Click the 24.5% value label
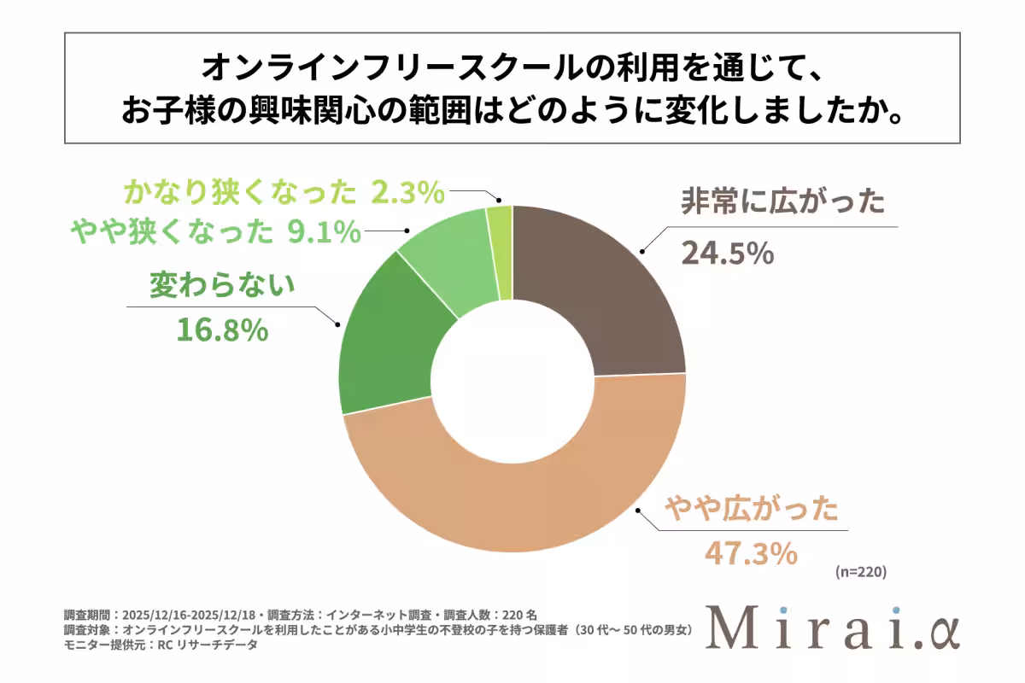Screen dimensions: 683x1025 point(728,254)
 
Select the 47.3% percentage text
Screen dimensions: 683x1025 point(751,554)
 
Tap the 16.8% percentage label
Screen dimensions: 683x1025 point(223,330)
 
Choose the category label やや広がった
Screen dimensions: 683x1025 point(751,511)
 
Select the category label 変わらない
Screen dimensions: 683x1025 point(223,285)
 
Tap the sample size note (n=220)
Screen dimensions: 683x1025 point(860,574)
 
